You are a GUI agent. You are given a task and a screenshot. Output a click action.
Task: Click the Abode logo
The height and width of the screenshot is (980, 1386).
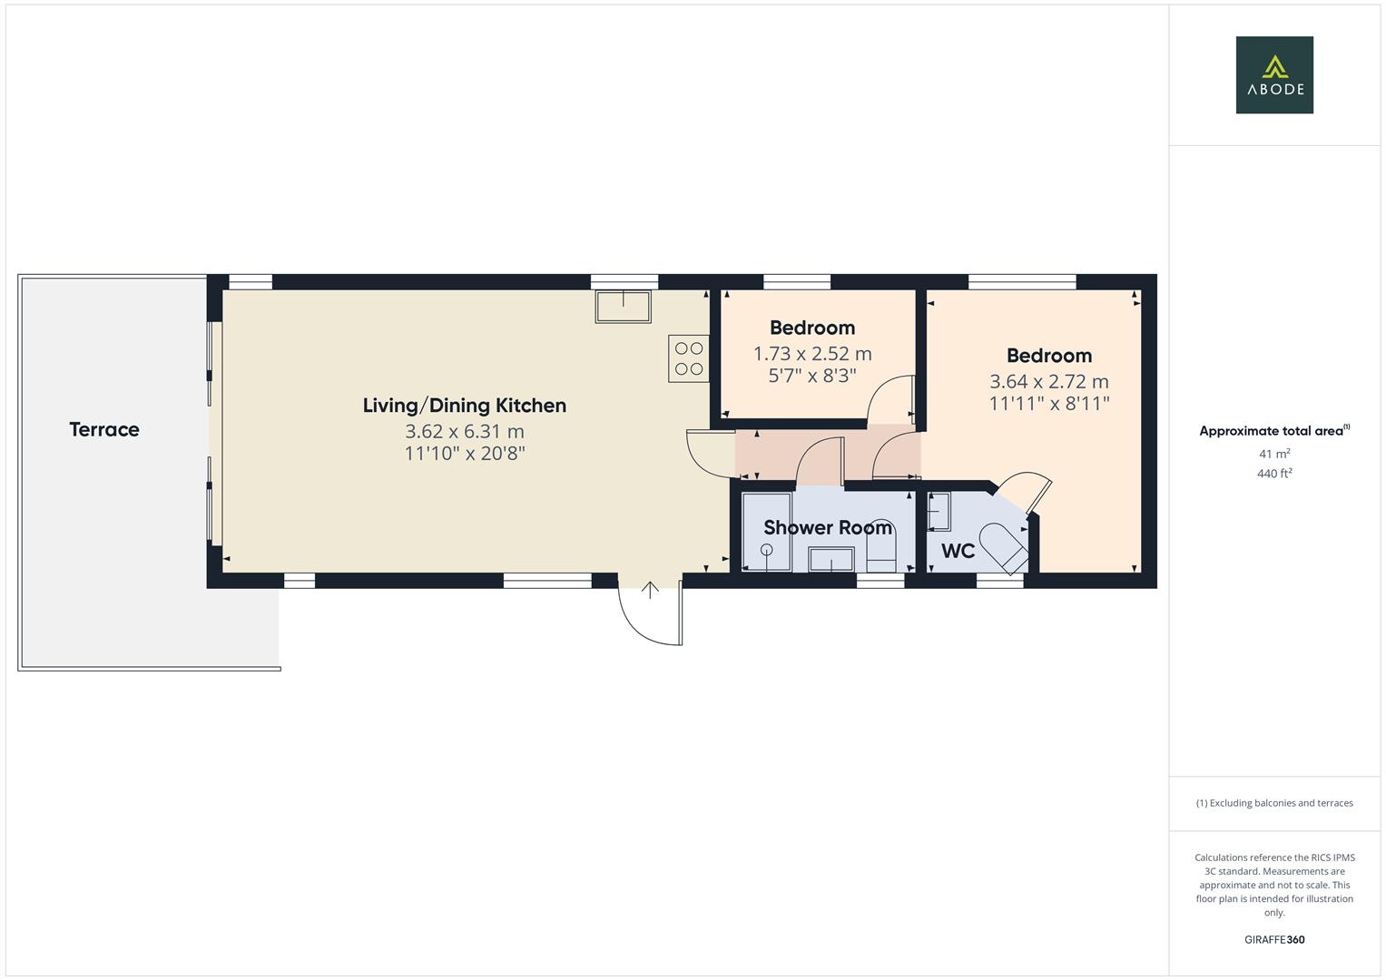point(1274,75)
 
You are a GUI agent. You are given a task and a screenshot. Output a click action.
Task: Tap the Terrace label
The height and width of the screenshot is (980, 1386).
point(104,429)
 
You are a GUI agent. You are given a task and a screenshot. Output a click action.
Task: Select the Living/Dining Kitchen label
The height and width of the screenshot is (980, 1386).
point(464,406)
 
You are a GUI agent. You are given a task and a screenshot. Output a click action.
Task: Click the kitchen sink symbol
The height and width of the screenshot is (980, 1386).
point(623,306)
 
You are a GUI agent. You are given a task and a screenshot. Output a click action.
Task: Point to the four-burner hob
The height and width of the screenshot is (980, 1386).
point(689,358)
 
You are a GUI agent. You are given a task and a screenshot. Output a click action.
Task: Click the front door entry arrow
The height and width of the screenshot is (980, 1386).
point(650,590)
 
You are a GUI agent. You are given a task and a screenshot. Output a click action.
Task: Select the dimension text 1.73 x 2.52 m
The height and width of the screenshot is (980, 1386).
point(812,354)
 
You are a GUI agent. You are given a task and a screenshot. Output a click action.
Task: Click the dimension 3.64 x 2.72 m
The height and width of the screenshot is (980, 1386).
point(1048,382)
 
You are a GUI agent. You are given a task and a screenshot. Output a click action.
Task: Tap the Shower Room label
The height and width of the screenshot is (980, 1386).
point(827,527)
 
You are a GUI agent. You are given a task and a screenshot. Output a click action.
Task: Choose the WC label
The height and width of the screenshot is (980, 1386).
point(958,551)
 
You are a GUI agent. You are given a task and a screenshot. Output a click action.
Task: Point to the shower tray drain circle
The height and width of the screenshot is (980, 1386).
point(767,549)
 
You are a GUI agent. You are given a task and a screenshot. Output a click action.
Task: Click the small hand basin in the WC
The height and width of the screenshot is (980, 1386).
point(938,511)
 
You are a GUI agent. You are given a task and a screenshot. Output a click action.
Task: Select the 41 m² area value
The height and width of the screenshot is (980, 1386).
point(1274,454)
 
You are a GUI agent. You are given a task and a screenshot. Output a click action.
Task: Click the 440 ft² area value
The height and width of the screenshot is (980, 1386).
point(1274,474)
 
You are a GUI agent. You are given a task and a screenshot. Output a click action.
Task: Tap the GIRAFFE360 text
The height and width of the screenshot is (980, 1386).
point(1274,940)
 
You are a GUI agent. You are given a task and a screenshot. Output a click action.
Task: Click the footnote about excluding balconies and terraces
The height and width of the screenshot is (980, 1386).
point(1274,803)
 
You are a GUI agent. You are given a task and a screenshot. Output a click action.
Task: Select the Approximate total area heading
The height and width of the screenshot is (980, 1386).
point(1273,431)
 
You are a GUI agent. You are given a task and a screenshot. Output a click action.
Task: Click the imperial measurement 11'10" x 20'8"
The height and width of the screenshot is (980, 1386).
point(464,454)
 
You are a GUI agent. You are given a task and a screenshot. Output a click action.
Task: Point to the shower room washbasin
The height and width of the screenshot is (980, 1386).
point(831,560)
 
